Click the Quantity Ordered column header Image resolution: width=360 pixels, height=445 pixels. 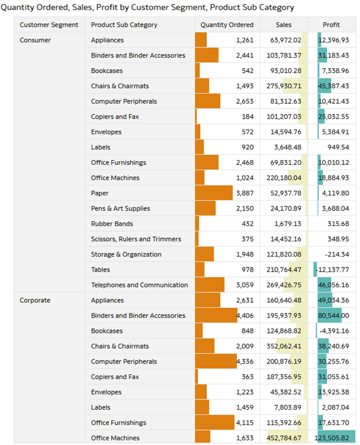click(x=227, y=25)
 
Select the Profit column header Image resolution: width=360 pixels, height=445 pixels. click(x=331, y=25)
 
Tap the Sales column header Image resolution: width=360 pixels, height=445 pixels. click(x=283, y=25)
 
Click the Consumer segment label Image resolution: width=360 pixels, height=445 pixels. click(x=35, y=40)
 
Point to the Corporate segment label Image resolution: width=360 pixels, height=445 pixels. click(x=35, y=300)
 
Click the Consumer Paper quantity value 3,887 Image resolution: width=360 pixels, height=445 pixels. click(x=245, y=193)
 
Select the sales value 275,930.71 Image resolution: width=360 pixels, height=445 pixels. click(x=284, y=86)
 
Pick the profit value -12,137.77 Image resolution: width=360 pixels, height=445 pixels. click(x=332, y=270)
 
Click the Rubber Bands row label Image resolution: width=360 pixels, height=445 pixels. click(x=112, y=224)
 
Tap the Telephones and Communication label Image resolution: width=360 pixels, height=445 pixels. click(x=139, y=285)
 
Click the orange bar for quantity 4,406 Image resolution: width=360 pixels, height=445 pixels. click(x=216, y=315)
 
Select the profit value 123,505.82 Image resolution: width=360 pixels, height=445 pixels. click(x=332, y=438)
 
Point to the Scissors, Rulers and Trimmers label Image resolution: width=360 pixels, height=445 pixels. click(x=136, y=239)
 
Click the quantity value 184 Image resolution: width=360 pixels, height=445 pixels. click(x=248, y=116)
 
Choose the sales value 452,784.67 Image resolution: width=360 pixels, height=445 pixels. click(x=284, y=438)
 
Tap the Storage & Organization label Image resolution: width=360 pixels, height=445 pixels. click(x=126, y=254)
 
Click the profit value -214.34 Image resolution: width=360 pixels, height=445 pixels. click(x=337, y=254)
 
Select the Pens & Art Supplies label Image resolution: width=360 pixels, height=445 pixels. click(x=121, y=208)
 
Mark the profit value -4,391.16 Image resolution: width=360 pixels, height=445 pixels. click(x=334, y=331)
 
